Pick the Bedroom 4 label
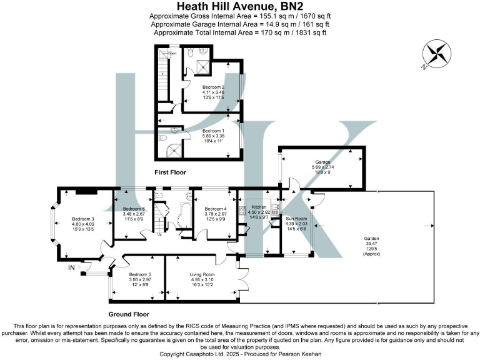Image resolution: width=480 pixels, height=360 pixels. pyautogui.click(x=215, y=209)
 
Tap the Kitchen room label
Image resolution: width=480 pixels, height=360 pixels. pyautogui.click(x=259, y=206)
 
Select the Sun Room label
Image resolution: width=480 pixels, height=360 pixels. pyautogui.click(x=296, y=219)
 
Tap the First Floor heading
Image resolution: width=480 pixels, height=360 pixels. pyautogui.click(x=170, y=172)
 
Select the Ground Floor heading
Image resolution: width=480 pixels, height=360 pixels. pyautogui.click(x=129, y=314)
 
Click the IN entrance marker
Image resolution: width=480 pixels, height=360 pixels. pyautogui.click(x=71, y=267)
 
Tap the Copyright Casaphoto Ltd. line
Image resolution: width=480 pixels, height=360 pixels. pyautogui.click(x=240, y=354)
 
